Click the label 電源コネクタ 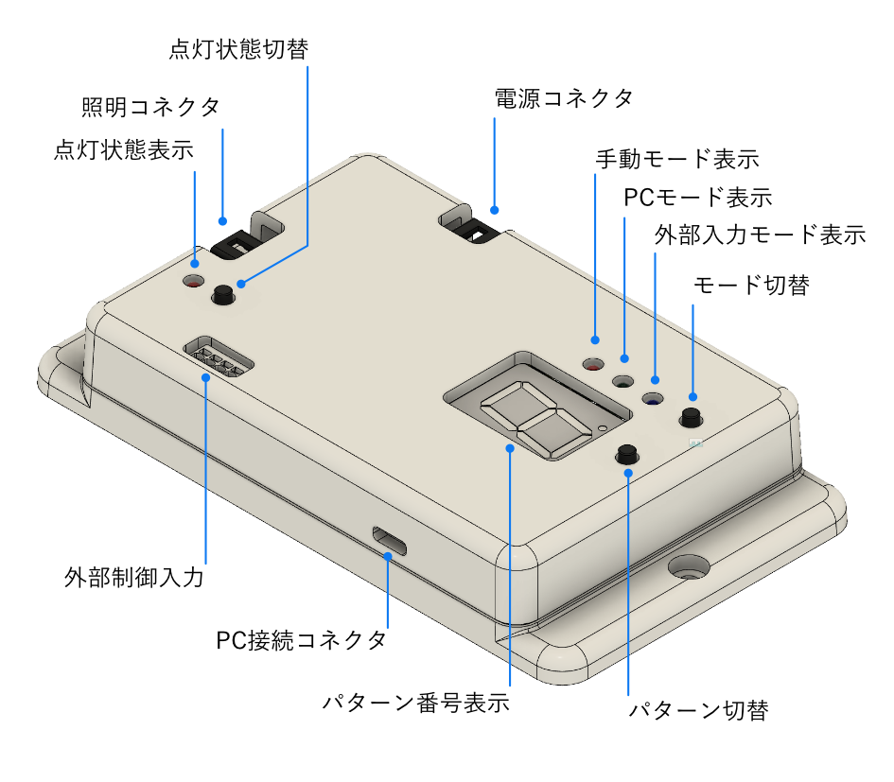[x=564, y=97]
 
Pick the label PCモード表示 [x=698, y=198]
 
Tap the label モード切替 [x=751, y=285]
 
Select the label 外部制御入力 [x=134, y=576]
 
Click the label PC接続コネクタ [x=301, y=640]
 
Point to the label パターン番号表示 [x=415, y=704]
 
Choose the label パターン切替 [x=698, y=710]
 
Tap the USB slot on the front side [x=390, y=541]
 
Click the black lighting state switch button [x=223, y=294]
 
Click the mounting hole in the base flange [x=689, y=568]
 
